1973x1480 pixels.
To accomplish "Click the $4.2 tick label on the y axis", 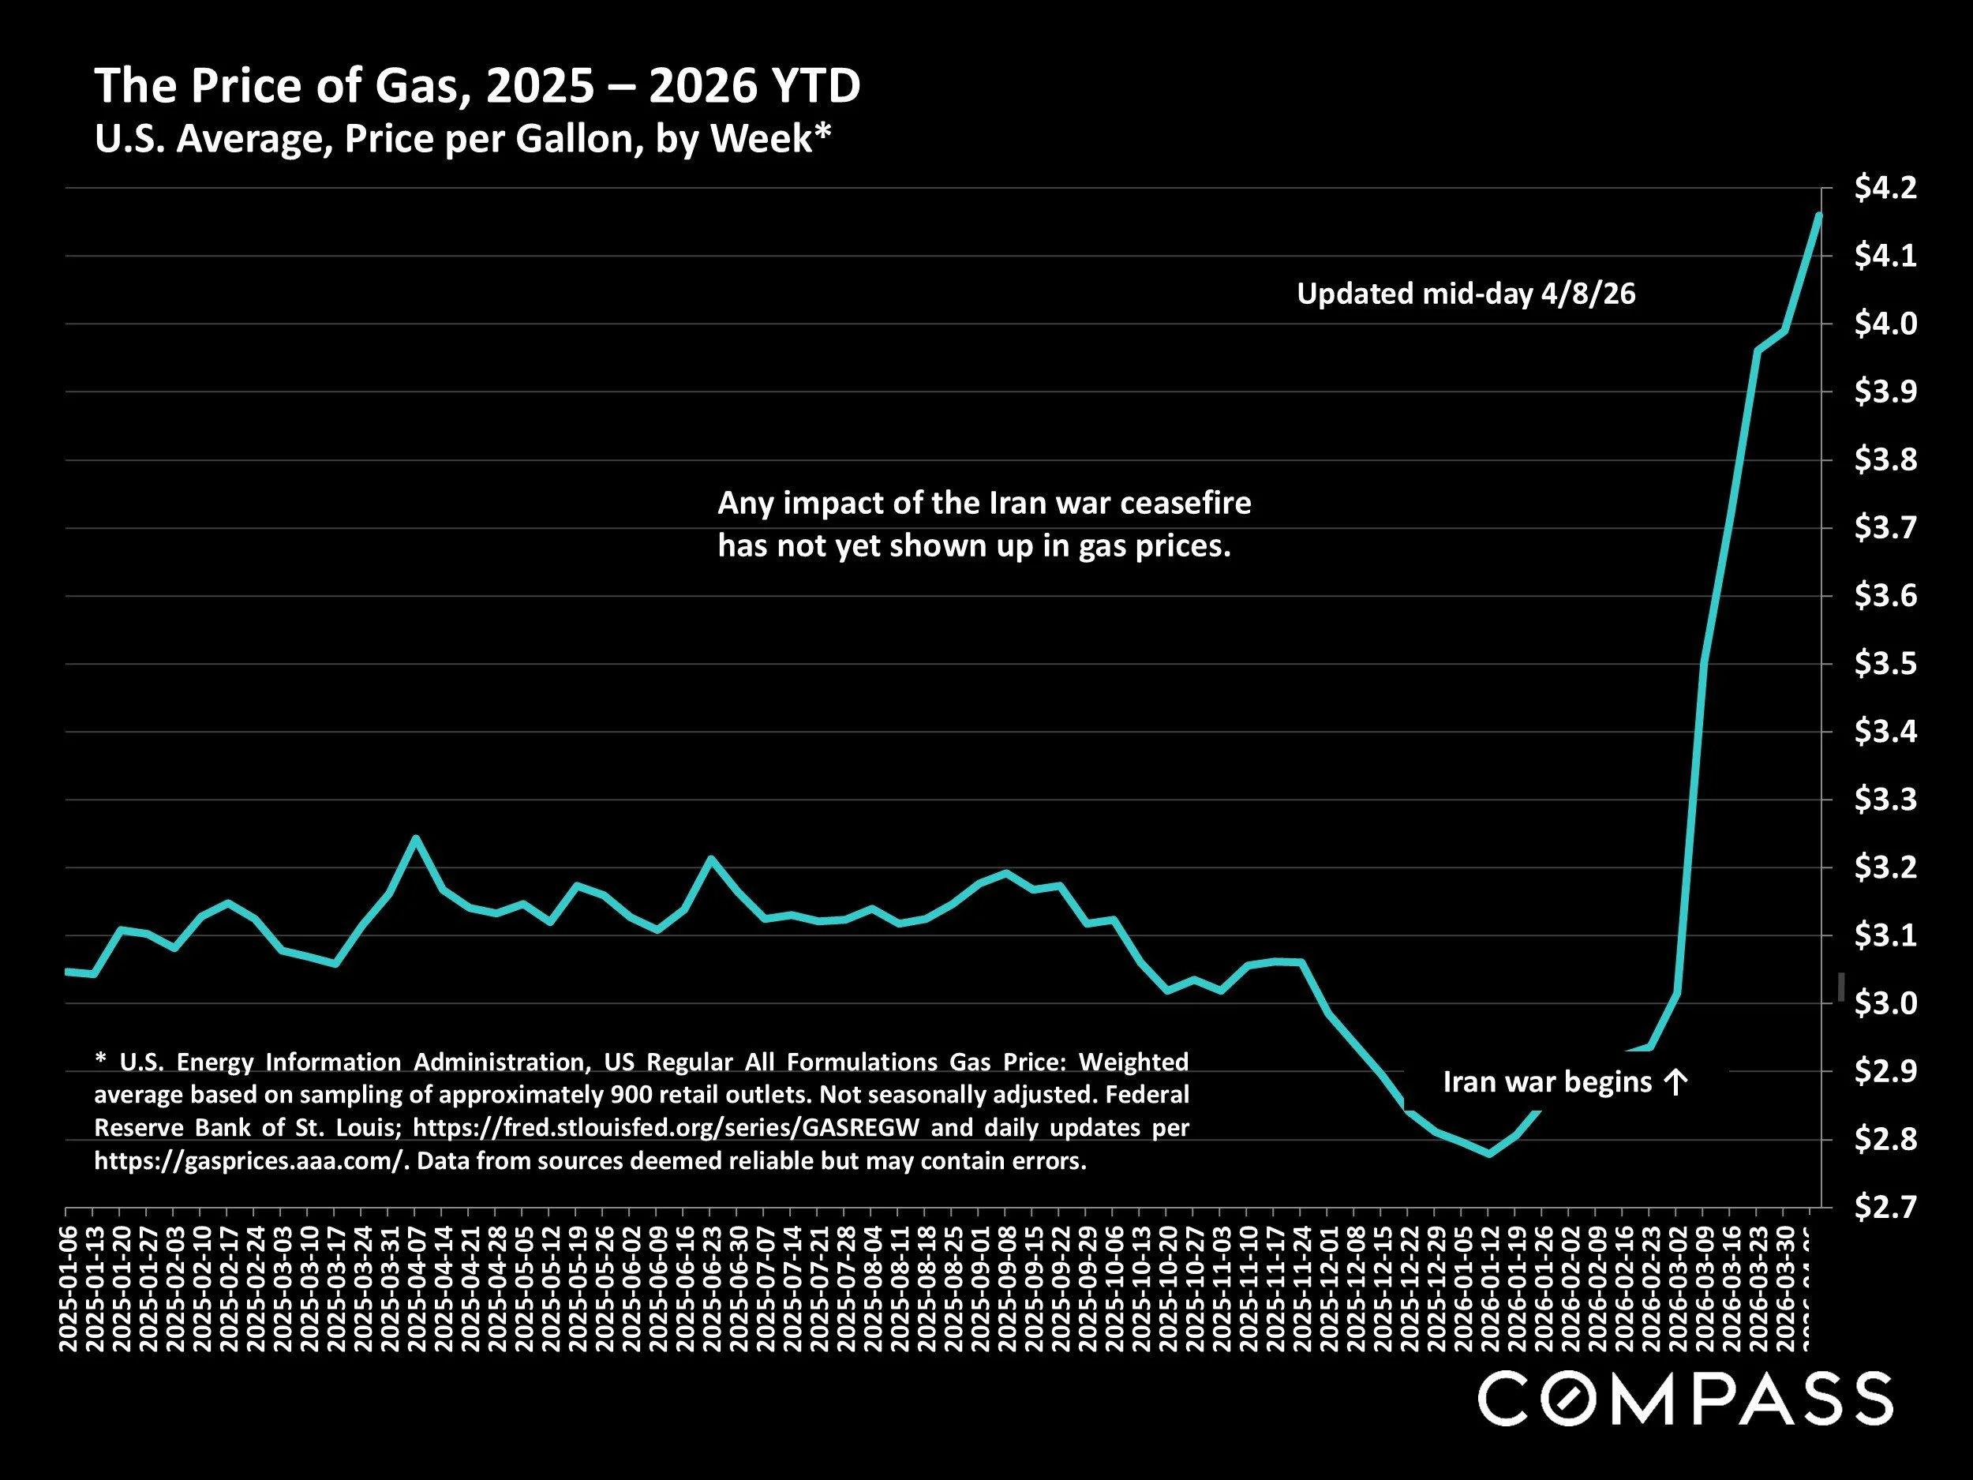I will pos(1885,188).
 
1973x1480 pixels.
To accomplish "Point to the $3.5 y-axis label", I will pos(1885,664).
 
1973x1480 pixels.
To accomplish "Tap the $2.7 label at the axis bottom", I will pos(1885,1207).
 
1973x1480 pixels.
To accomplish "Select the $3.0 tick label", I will pos(1885,1003).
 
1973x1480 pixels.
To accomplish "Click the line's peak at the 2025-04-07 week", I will pos(415,837).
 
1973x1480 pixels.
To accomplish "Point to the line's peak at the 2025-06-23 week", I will pos(711,858).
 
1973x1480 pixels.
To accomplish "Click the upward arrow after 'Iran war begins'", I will pos(1676,1083).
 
